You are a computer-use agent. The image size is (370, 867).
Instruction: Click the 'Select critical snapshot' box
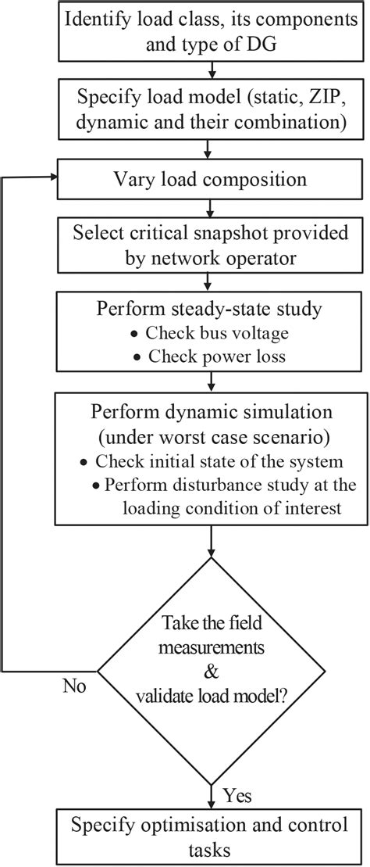point(211,244)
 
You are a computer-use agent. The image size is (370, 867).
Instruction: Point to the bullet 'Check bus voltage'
point(209,332)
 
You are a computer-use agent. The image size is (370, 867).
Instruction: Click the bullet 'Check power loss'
point(209,356)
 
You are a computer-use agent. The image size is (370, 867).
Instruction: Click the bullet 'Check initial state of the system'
point(212,460)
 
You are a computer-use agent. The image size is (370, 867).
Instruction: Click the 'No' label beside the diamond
point(73,687)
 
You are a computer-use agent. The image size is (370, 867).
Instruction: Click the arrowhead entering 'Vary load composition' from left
point(54,178)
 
